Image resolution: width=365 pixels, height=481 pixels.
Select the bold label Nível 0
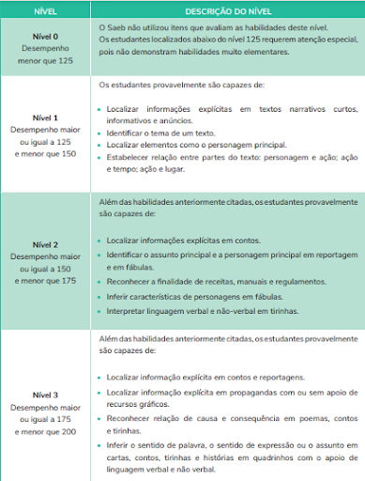click(x=44, y=37)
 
